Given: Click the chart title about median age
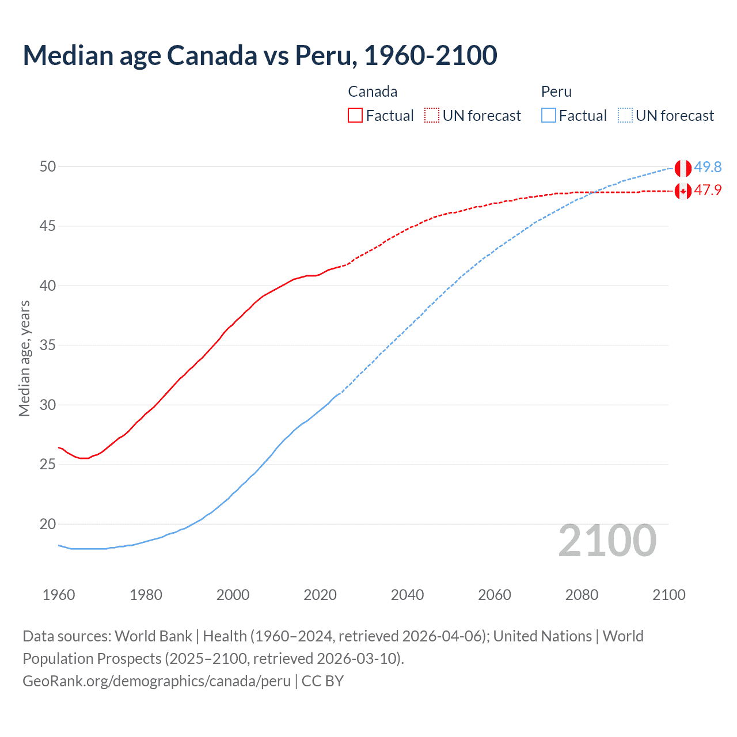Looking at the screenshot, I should coord(260,55).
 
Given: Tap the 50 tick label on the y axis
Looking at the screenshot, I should coord(48,166).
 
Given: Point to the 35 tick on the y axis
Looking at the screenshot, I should coord(48,345).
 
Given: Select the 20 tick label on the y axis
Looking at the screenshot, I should coord(48,524).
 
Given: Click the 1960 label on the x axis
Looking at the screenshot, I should coord(59,595).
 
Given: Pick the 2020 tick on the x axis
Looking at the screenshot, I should coord(320,595).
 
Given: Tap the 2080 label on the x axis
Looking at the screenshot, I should coord(582,595).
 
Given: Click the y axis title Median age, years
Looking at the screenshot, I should coord(24,358).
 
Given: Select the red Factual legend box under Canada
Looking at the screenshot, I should coord(355,116).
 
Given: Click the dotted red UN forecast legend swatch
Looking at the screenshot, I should coord(432,116).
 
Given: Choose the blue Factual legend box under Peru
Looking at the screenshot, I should coord(549,116).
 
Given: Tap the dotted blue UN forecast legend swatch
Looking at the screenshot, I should coord(625,116).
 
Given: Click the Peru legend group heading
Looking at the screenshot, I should coord(556,92).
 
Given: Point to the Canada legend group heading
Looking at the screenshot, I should coord(373,92).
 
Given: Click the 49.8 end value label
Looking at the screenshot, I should coord(708,167).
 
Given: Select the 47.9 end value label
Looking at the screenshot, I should coord(708,191).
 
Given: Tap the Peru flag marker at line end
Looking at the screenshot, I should coord(683,168).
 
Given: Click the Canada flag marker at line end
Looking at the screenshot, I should coord(683,191).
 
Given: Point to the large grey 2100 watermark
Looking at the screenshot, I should coord(607,540).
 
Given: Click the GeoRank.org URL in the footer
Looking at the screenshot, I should coord(157,681).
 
